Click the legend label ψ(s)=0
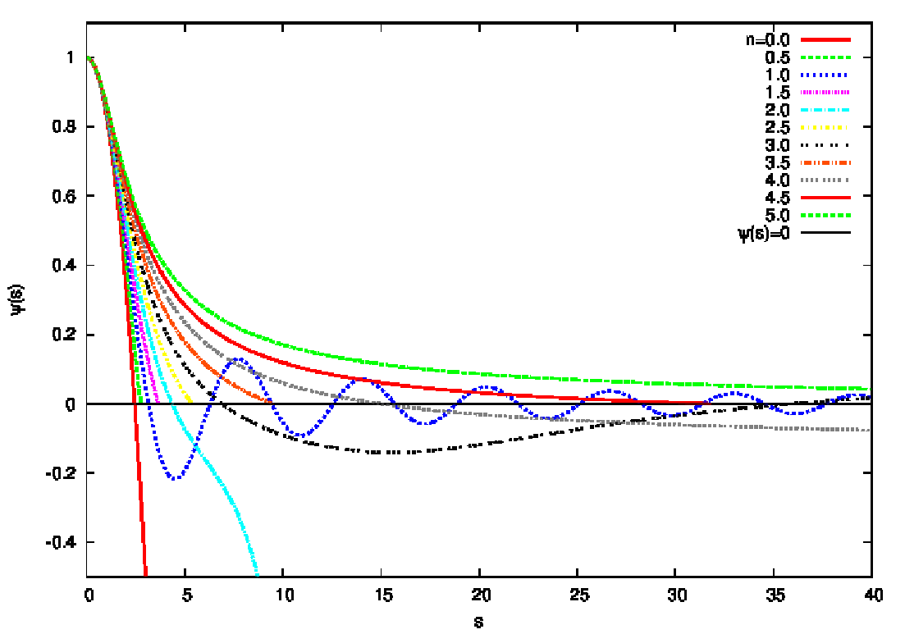pyautogui.click(x=764, y=234)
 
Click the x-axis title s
pyautogui.click(x=479, y=621)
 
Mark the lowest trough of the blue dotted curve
pyautogui.click(x=175, y=477)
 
